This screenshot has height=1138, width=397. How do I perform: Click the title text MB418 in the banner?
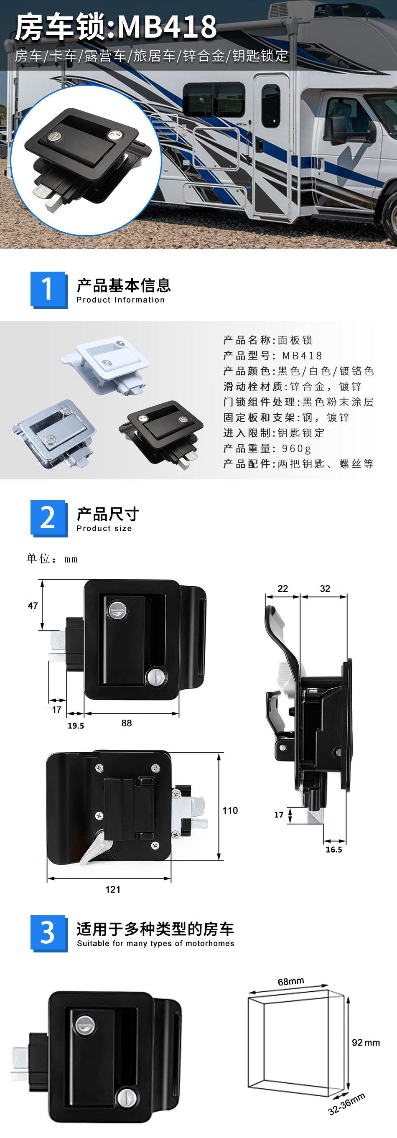point(167,28)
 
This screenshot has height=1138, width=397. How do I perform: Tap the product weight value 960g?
point(297,448)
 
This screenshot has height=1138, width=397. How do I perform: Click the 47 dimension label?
point(33,606)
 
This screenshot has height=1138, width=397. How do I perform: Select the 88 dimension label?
point(127,723)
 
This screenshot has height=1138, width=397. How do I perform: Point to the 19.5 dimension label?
point(76,726)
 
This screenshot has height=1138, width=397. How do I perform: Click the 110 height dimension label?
point(230,810)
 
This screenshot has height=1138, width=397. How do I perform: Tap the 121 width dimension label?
point(113,889)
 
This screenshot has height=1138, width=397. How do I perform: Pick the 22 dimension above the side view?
point(282,588)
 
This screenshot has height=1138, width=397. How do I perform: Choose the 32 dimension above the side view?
point(325,588)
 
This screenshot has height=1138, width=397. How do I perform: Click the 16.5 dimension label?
point(334,850)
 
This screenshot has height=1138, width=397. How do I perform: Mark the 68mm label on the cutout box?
point(291,981)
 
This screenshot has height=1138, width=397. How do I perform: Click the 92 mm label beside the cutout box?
point(366,1042)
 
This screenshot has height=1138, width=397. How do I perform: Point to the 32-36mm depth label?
point(347,1104)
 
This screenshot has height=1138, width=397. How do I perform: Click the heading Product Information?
point(120,300)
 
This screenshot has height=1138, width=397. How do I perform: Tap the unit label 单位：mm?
point(52,559)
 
